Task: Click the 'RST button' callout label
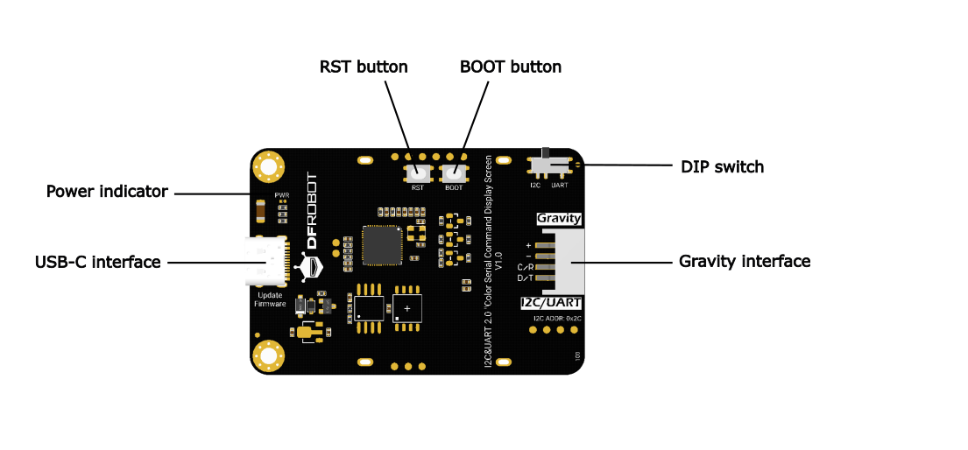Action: (x=364, y=67)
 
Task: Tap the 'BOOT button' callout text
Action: (x=510, y=67)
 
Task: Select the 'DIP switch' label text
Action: (x=722, y=166)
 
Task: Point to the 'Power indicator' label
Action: (x=107, y=192)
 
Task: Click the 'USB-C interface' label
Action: (x=97, y=262)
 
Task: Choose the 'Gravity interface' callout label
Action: (x=744, y=261)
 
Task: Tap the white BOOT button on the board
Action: (x=454, y=172)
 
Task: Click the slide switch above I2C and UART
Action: (x=549, y=165)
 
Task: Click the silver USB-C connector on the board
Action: (x=266, y=262)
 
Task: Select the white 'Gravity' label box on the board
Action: (x=559, y=218)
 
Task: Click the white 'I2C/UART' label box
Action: (x=552, y=303)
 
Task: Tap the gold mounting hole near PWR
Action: (x=267, y=165)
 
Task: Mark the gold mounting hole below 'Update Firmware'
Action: (x=267, y=356)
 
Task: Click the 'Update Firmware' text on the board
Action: (x=270, y=299)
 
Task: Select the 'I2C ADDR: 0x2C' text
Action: (x=556, y=318)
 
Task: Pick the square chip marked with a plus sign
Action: (x=407, y=308)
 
